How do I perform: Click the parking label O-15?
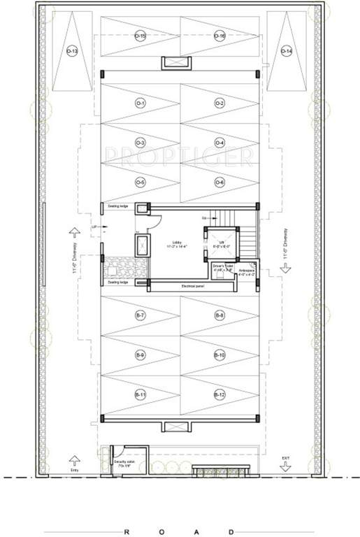coord(141,36)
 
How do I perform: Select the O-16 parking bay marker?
coord(219,36)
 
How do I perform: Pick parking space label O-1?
coord(141,103)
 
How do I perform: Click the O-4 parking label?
coord(219,143)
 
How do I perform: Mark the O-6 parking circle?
coord(219,182)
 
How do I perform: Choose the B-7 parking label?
coord(141,316)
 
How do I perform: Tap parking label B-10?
coord(219,356)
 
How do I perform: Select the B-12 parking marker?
coord(219,396)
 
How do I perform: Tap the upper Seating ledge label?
coord(117,206)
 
